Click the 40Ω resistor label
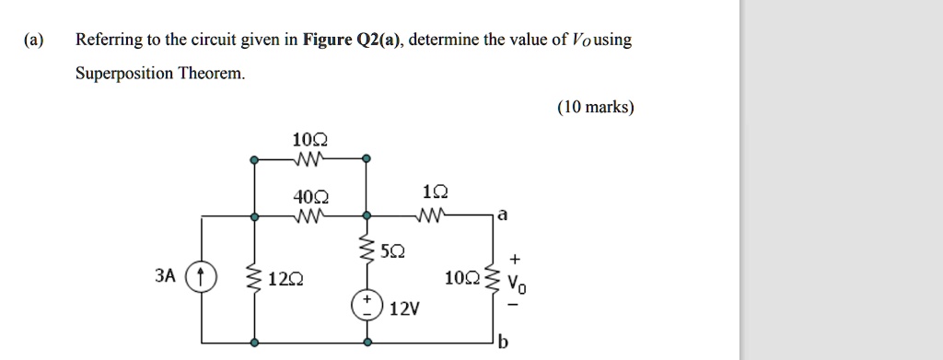click(307, 197)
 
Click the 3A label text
click(165, 275)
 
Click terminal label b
click(502, 344)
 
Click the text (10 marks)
click(595, 108)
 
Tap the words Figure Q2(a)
click(353, 40)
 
